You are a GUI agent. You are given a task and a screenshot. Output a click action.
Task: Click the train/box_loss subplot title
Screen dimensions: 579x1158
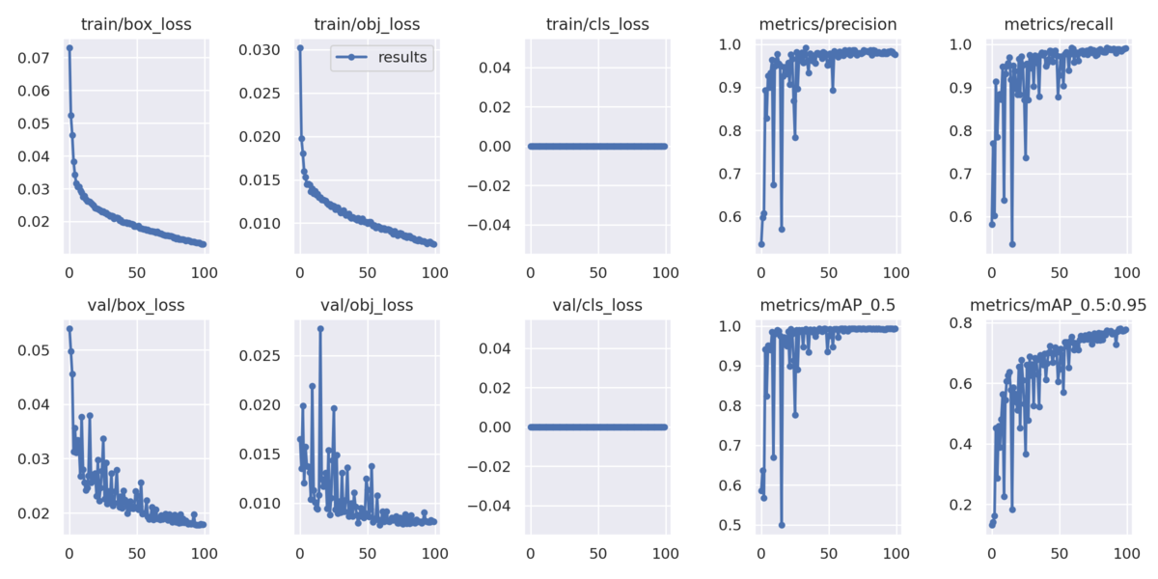136,24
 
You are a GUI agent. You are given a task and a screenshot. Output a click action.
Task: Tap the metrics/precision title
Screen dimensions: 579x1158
828,24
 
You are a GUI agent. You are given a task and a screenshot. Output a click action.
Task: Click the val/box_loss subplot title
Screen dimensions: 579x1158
136,306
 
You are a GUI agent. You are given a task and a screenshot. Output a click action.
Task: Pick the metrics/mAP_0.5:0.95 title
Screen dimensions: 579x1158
1059,306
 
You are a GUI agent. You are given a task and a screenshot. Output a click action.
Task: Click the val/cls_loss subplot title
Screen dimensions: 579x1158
597,306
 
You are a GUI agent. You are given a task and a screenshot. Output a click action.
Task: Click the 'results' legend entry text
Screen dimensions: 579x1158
403,57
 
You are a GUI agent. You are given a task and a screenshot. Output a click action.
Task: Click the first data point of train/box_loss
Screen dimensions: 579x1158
69,47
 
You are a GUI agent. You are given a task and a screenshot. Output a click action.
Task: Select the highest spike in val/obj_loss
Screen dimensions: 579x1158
320,329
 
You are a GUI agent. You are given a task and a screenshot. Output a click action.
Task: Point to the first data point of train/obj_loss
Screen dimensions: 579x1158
300,47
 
